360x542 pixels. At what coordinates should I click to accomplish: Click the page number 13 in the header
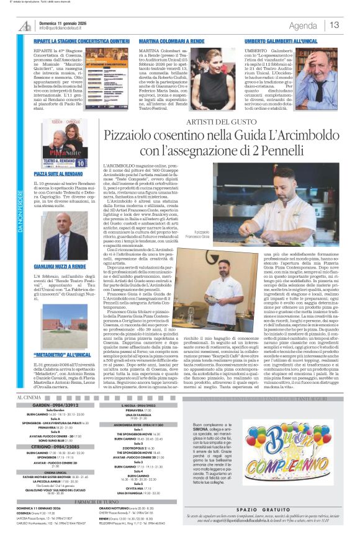pos(335,25)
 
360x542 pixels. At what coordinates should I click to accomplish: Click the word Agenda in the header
pos(303,25)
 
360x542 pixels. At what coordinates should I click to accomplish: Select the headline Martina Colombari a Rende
pos(166,39)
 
